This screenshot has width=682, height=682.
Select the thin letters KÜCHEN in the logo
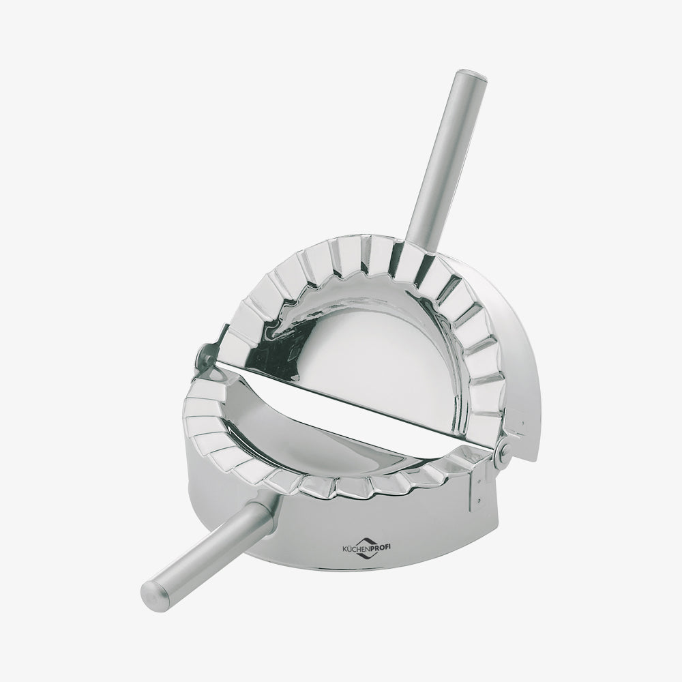[x=353, y=550]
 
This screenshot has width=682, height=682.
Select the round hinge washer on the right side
[x=505, y=450]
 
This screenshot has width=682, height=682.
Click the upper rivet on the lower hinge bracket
[x=479, y=481]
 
